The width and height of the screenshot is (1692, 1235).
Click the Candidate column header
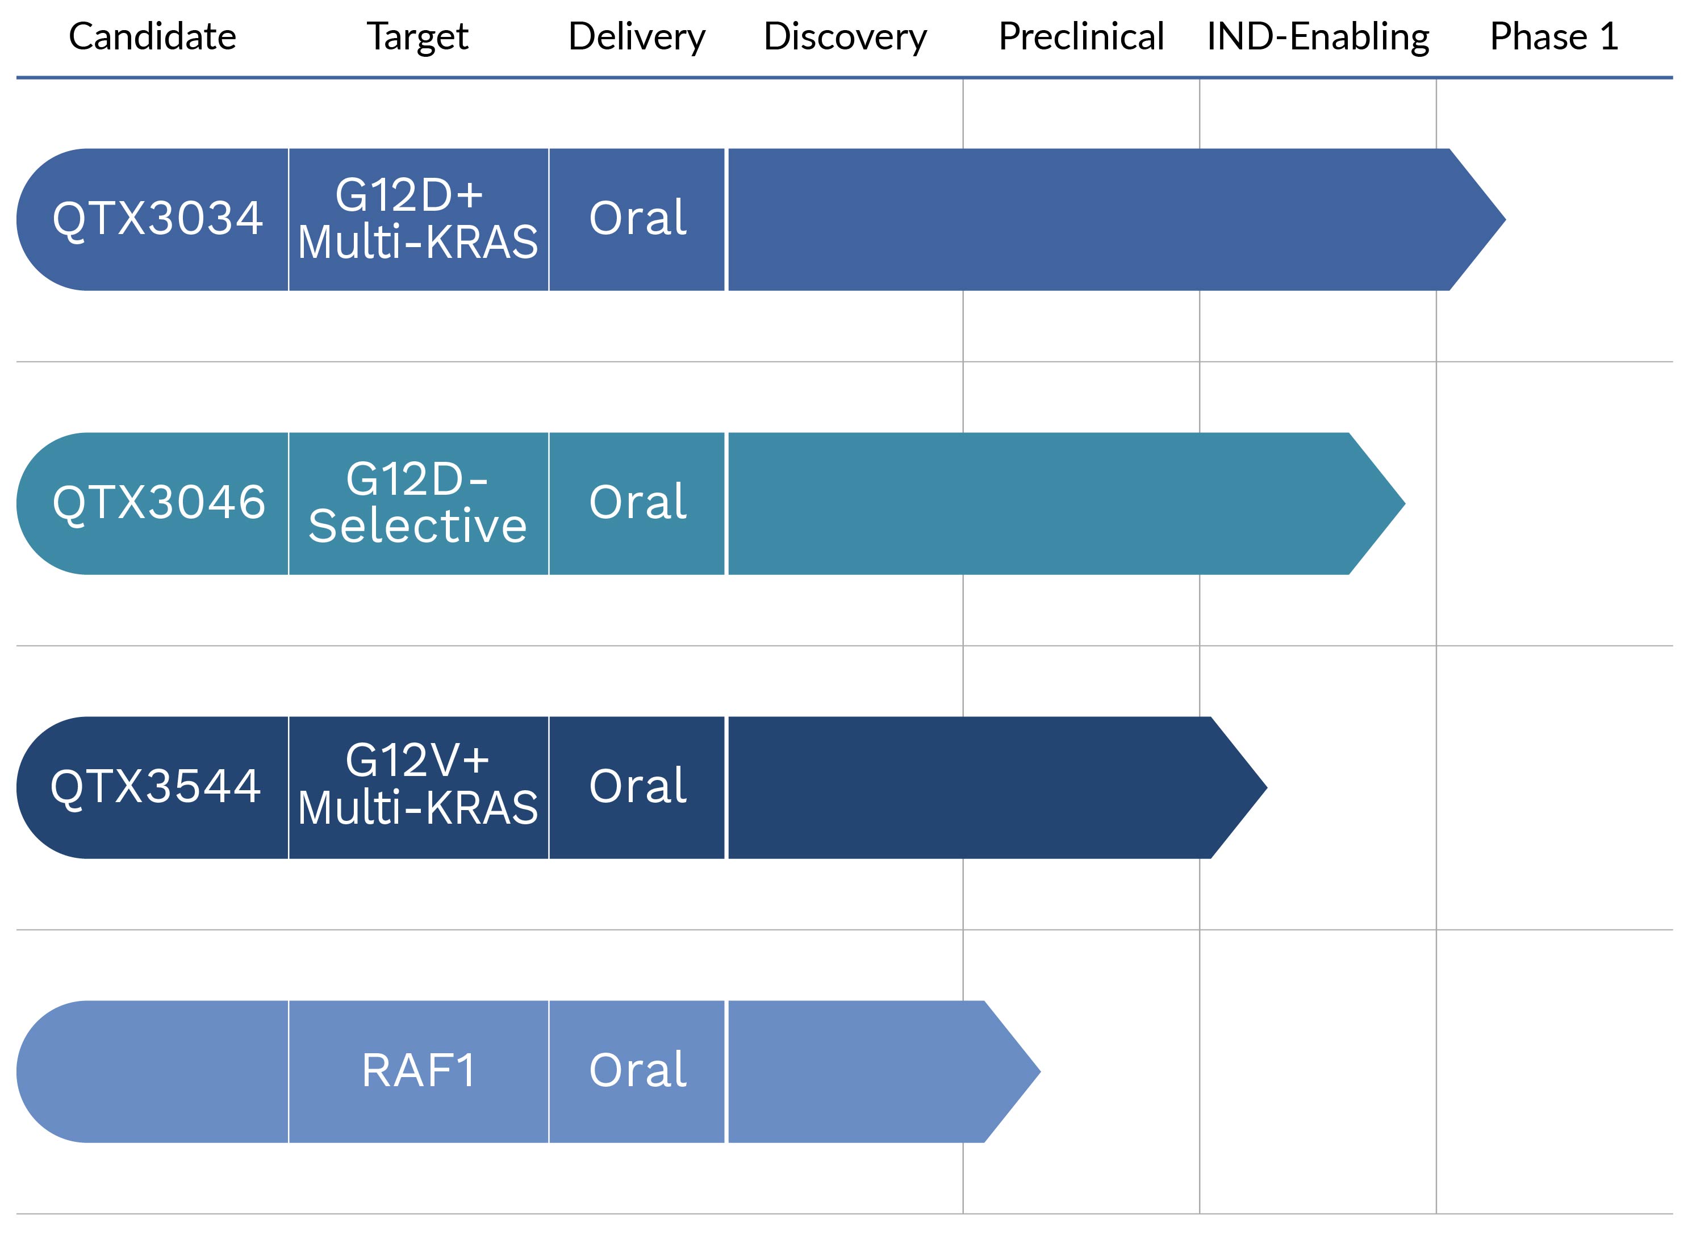tap(152, 36)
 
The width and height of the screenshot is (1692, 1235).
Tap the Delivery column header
tap(637, 36)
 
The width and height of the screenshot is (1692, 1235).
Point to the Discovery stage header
tap(845, 36)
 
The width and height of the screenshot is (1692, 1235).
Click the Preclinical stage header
tap(1081, 36)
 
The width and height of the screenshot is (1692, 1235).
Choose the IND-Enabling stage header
tap(1318, 36)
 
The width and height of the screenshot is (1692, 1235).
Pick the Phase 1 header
tap(1554, 36)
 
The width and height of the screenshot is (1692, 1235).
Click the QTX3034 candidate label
tap(158, 219)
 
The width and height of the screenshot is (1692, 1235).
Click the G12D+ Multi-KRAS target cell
tap(418, 219)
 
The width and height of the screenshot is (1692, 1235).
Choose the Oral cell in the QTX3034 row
tap(637, 219)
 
